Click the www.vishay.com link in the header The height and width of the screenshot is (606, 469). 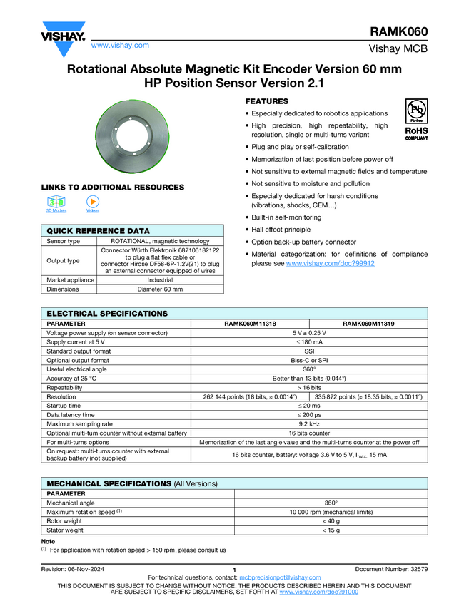click(120, 45)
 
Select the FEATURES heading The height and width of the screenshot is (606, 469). click(267, 101)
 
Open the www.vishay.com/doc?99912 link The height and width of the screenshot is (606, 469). click(330, 263)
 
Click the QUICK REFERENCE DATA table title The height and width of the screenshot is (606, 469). click(98, 231)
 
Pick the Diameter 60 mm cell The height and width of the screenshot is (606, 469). click(160, 289)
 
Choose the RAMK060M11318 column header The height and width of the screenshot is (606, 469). click(250, 323)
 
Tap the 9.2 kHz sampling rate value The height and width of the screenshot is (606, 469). click(309, 424)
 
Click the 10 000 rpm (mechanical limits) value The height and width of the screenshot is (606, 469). click(331, 512)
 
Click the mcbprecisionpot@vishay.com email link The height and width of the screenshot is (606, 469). click(280, 577)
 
